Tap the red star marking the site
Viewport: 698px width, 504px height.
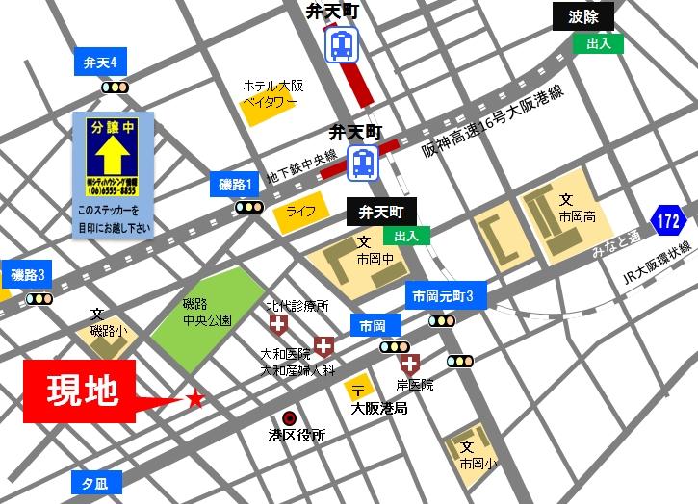(196, 397)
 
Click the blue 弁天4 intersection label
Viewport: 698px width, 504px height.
(101, 63)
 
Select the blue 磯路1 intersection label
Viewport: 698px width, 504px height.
(236, 185)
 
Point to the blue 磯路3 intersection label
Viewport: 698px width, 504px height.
(28, 275)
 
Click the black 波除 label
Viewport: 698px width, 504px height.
(583, 17)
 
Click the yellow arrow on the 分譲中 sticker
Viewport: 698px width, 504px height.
(113, 154)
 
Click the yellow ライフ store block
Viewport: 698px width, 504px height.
(301, 213)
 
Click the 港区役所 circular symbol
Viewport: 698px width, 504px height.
(289, 416)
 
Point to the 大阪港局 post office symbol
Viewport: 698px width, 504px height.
(357, 390)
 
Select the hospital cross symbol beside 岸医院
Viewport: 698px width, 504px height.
(410, 365)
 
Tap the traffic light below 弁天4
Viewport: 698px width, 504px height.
(116, 88)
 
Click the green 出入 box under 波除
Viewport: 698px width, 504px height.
(598, 44)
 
